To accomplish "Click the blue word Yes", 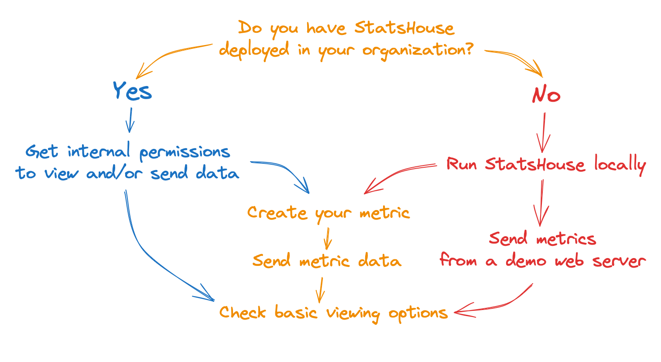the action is [x=133, y=91].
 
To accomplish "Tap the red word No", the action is [x=546, y=94].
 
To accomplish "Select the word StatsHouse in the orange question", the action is [x=404, y=28].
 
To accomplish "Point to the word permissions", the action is [x=185, y=153].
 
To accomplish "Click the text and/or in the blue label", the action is [x=115, y=172].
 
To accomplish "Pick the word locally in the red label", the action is [x=620, y=165].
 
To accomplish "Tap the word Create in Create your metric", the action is [x=277, y=213].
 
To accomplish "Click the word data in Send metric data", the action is [x=380, y=260].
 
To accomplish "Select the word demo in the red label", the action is [x=526, y=260].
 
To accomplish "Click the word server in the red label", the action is [x=619, y=261].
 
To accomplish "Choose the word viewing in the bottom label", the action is [x=353, y=314].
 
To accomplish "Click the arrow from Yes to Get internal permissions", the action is [x=130, y=120].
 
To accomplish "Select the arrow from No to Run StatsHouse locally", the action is [x=544, y=132].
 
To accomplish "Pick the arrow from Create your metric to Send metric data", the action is [x=328, y=238].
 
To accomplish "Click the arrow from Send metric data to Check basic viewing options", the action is [x=321, y=290].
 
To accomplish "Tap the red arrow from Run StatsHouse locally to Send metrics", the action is [x=541, y=203].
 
